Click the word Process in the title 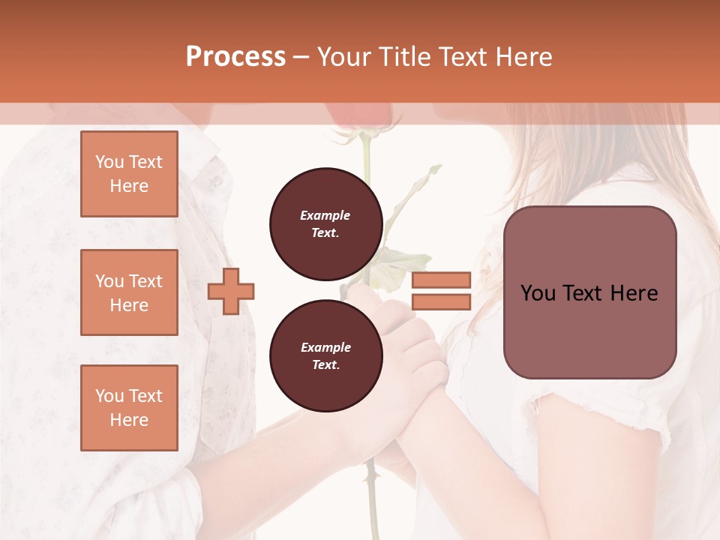click(x=235, y=56)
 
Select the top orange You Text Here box click(x=129, y=174)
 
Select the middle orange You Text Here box click(x=129, y=292)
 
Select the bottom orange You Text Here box click(x=129, y=408)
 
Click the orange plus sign click(x=231, y=291)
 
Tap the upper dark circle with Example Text click(x=326, y=224)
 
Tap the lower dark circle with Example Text click(x=326, y=356)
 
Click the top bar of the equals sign click(x=441, y=280)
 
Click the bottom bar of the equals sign click(x=441, y=301)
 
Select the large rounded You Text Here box click(x=589, y=292)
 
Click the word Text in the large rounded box click(x=589, y=293)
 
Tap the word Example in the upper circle click(x=325, y=215)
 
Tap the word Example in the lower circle click(x=325, y=347)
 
